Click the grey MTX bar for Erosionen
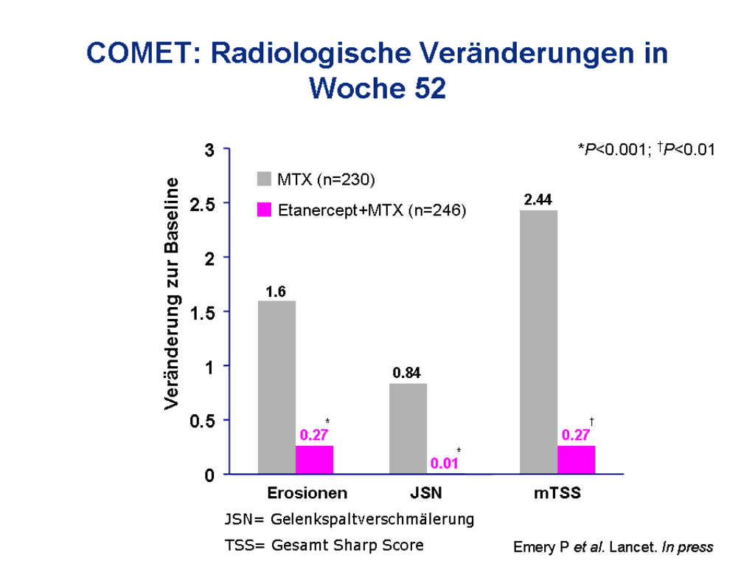[x=276, y=387]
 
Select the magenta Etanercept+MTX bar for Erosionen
[x=314, y=459]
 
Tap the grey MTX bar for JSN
[x=408, y=428]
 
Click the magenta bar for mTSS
[x=576, y=459]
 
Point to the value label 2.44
[x=538, y=199]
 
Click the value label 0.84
[x=407, y=373]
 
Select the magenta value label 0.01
[x=445, y=464]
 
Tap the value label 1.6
[x=276, y=292]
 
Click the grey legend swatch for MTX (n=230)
[x=265, y=179]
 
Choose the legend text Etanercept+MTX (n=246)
[x=372, y=210]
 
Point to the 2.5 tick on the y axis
[x=202, y=204]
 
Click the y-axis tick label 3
[x=209, y=150]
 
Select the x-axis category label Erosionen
[x=307, y=493]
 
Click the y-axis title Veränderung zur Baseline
[x=171, y=294]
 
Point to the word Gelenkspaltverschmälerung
[x=372, y=519]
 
